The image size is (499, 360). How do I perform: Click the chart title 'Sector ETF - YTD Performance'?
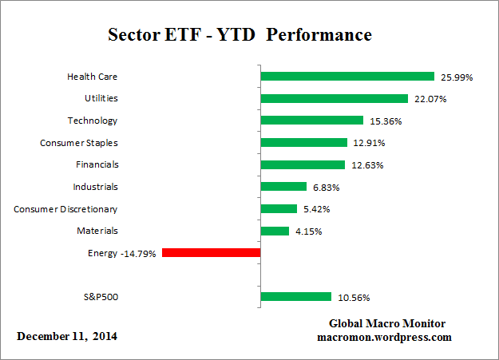point(240,36)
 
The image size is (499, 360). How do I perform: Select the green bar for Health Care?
point(347,77)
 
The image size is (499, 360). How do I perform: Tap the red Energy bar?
point(211,253)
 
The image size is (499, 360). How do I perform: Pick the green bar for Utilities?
point(335,99)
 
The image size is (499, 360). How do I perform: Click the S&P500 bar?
point(295,297)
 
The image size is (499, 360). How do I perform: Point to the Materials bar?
point(275,231)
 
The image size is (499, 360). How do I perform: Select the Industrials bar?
point(283,187)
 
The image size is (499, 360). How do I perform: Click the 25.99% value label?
point(457,77)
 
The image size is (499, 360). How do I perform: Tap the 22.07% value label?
point(431,100)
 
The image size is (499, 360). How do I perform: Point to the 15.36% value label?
point(386,121)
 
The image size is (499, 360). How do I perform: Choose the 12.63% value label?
point(370,165)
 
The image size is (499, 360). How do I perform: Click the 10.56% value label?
point(353,298)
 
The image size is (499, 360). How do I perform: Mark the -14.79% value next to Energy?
point(139,254)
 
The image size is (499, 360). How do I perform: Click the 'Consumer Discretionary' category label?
point(65,209)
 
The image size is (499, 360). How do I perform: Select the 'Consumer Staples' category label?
point(78,143)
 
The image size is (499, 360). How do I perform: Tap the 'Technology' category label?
point(92,121)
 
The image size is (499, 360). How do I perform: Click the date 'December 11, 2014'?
point(67,336)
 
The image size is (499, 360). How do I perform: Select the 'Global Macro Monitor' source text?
point(387,323)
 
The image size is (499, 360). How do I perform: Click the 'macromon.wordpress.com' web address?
point(387,337)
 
